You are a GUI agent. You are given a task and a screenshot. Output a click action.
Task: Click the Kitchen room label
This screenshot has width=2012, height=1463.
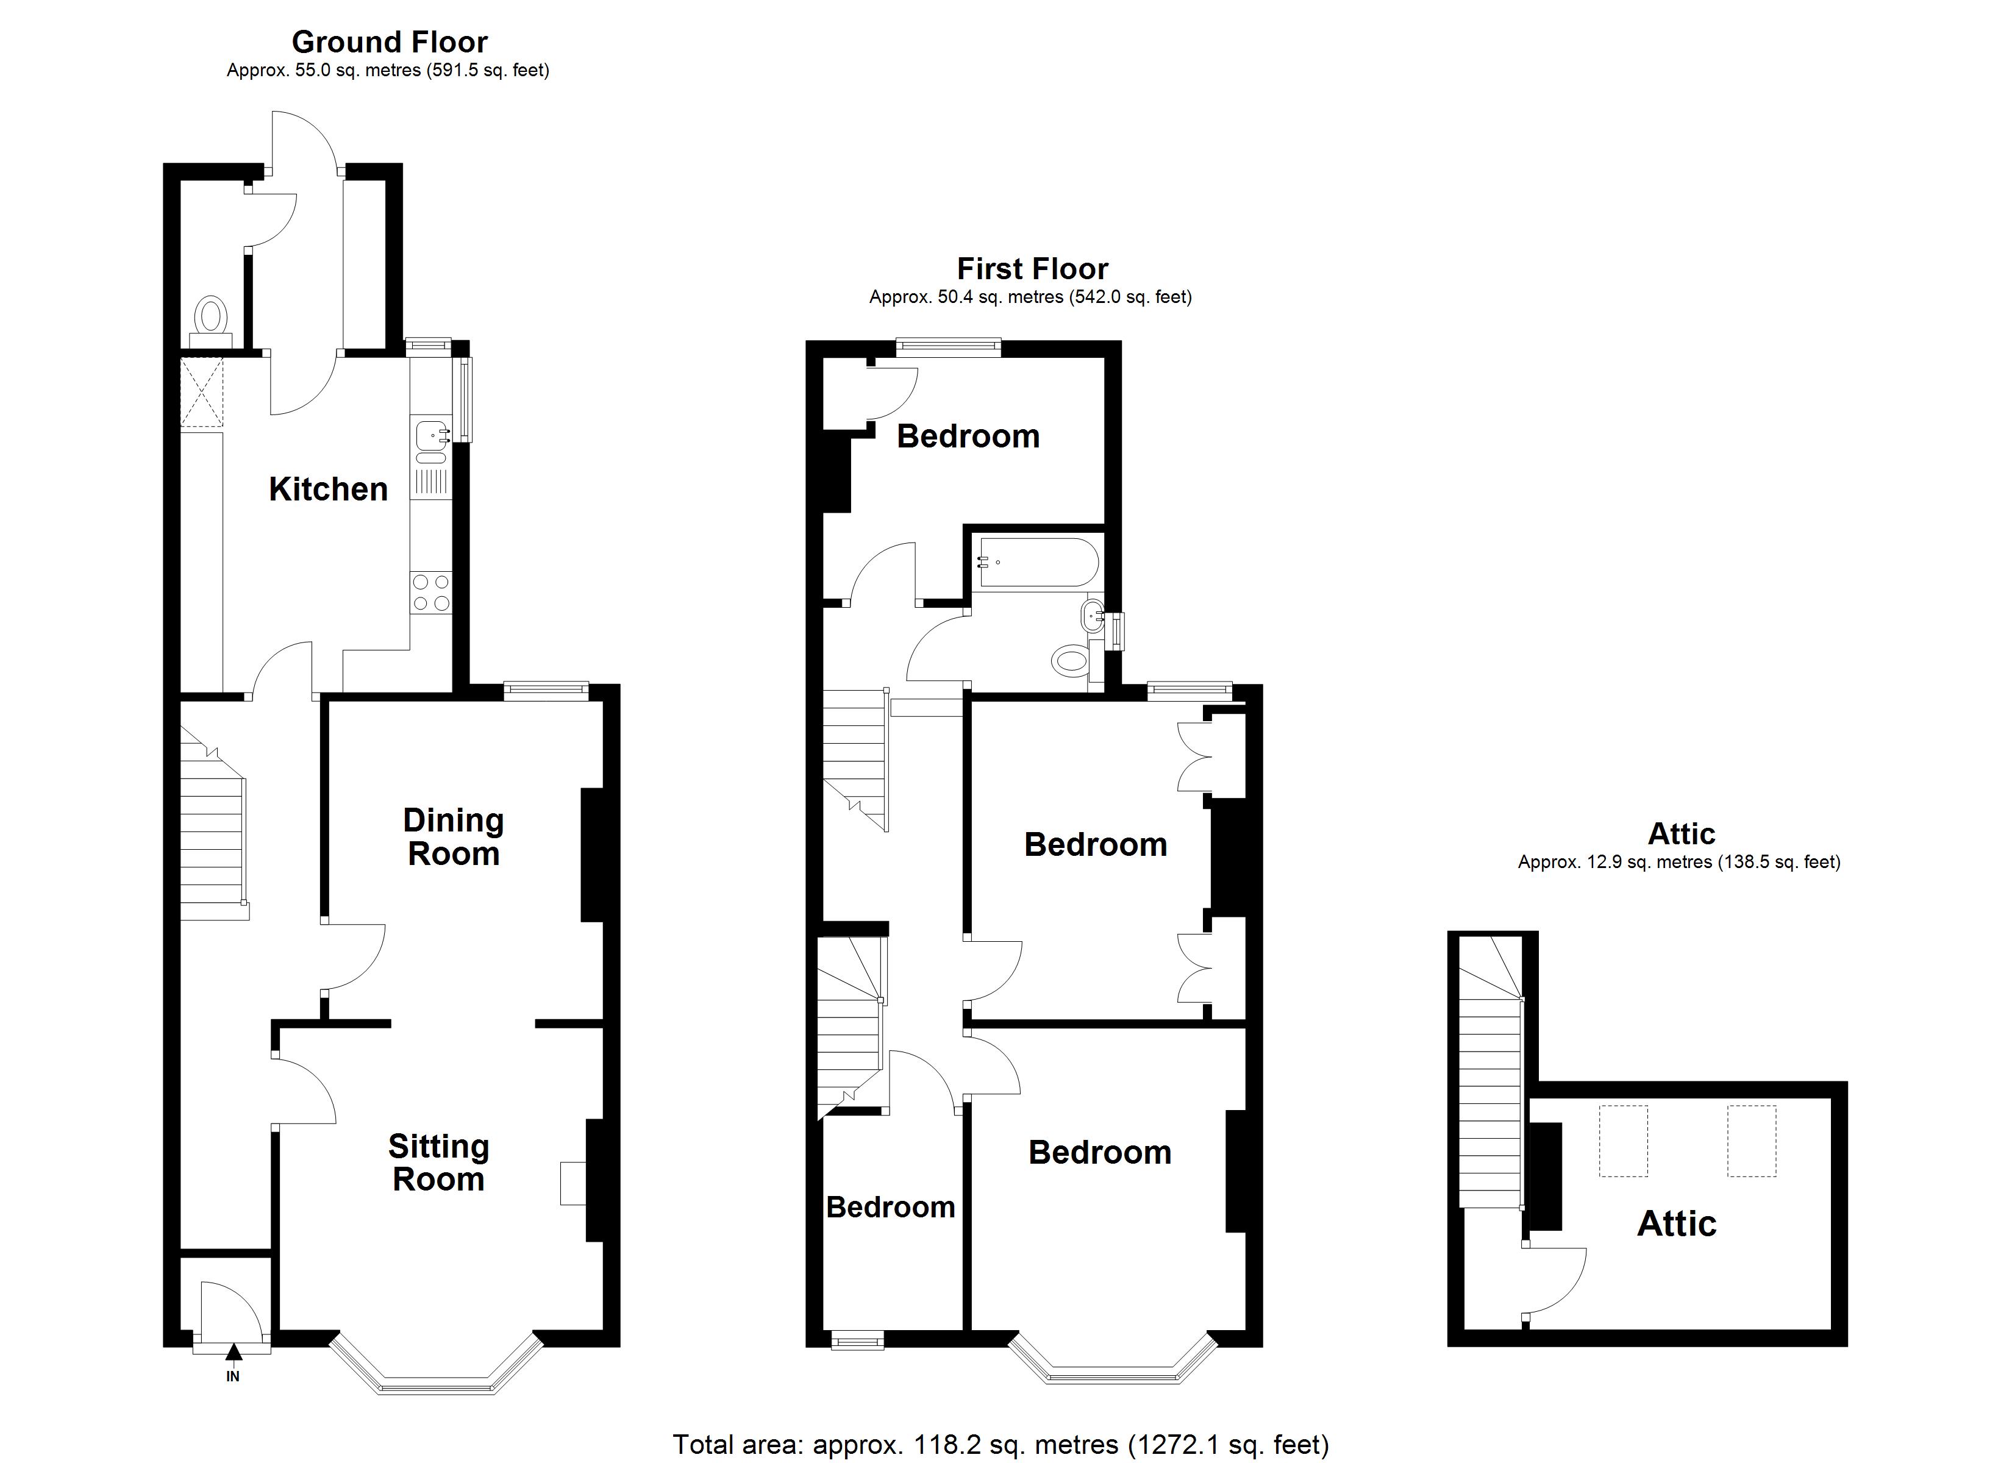coord(328,489)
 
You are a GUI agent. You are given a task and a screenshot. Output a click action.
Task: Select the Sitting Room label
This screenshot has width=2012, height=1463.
coord(438,1163)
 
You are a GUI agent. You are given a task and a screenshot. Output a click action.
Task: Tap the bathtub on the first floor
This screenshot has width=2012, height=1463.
coord(1037,563)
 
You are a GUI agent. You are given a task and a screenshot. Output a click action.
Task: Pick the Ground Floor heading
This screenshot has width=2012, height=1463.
coord(390,41)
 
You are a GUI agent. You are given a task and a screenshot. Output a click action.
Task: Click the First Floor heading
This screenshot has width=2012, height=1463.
coord(1033,269)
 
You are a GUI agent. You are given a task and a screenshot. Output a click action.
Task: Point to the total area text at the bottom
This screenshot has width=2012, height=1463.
coord(1001,1444)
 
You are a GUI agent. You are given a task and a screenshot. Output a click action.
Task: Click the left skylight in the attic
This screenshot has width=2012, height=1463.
coord(1622,1141)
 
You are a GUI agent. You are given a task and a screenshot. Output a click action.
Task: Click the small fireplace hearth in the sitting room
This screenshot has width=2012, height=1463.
coord(572,1184)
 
